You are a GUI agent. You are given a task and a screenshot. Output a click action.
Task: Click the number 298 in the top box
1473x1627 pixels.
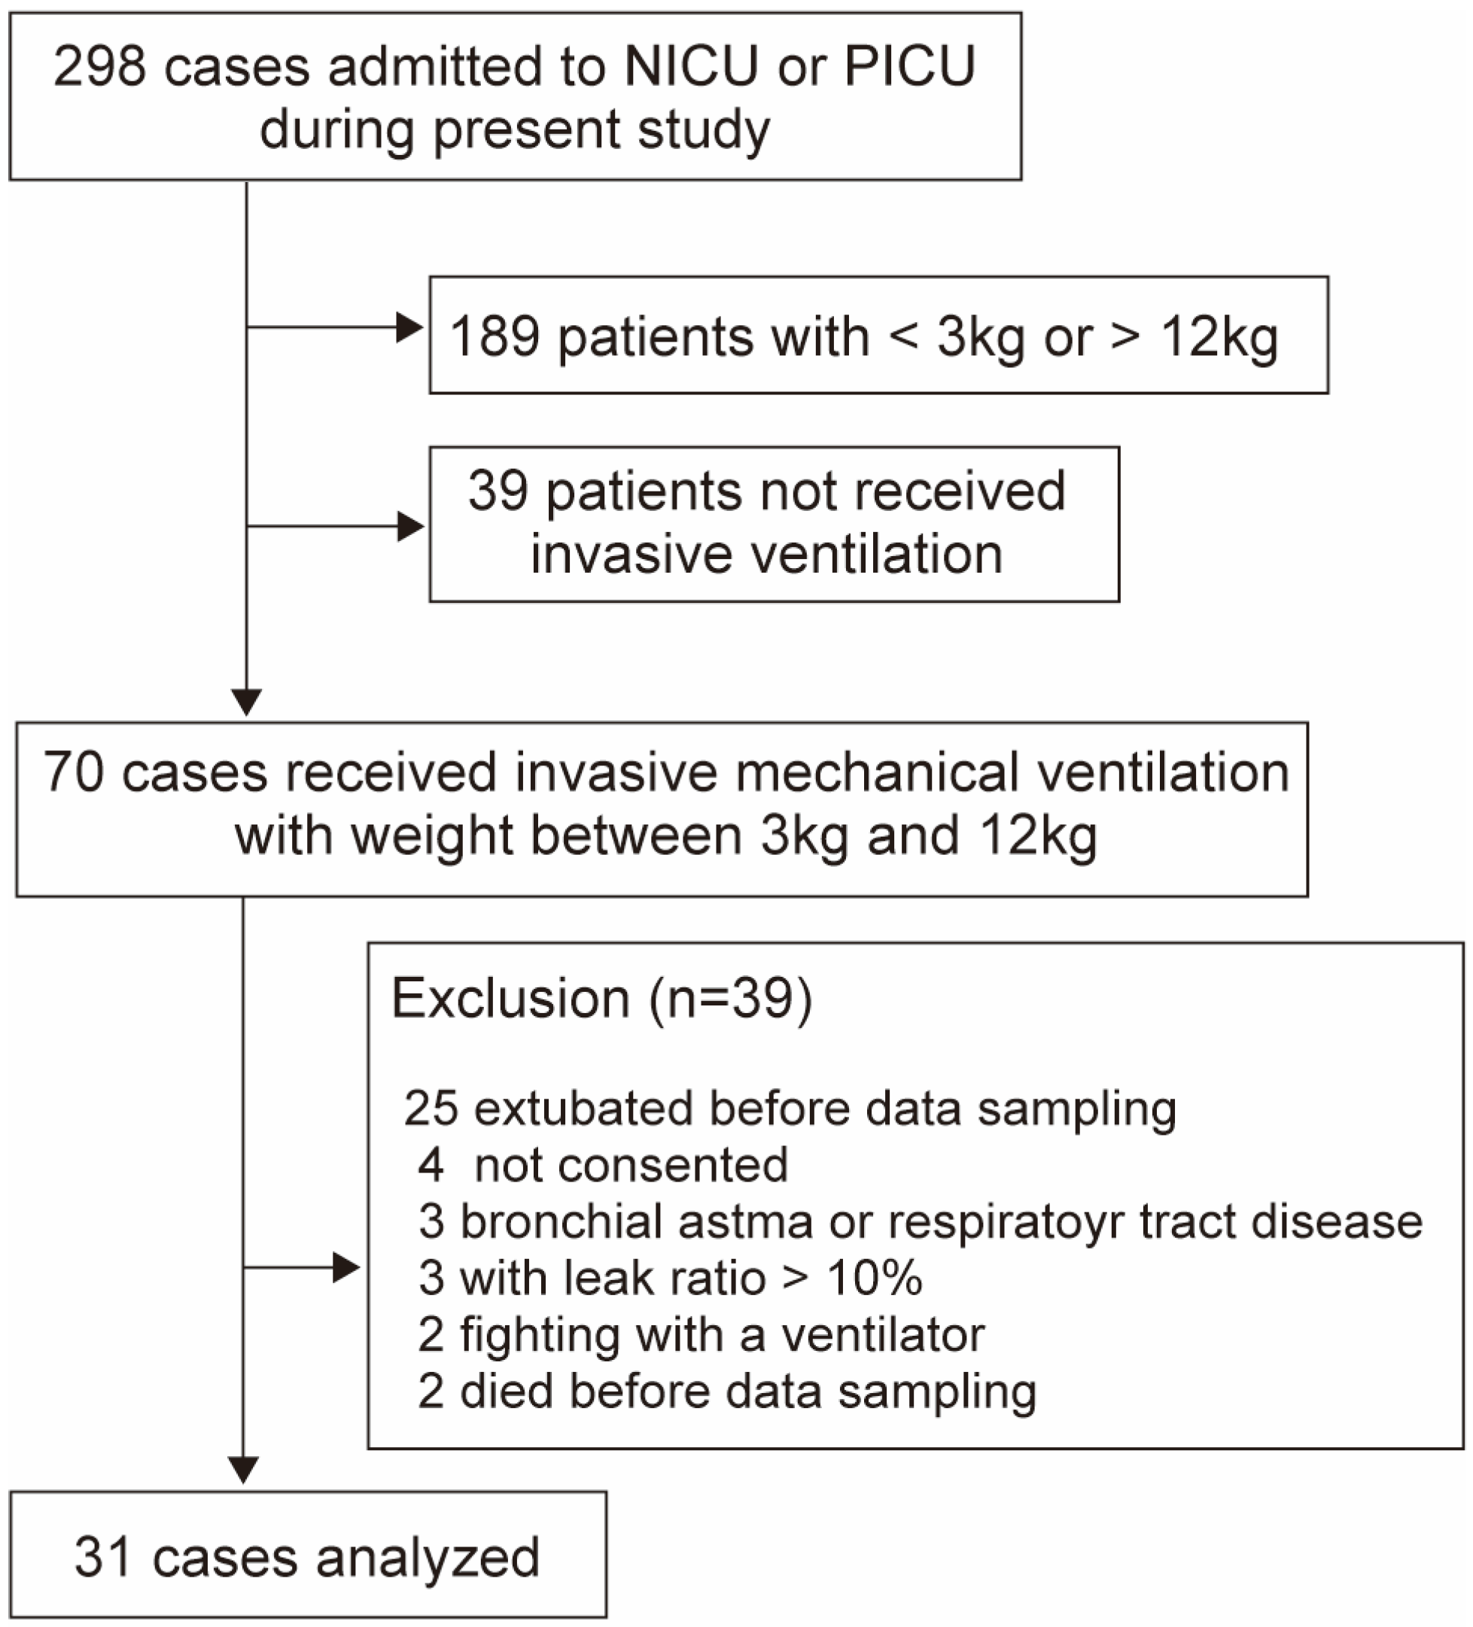click(99, 66)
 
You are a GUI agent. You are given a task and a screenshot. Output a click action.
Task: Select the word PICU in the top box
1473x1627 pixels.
click(910, 66)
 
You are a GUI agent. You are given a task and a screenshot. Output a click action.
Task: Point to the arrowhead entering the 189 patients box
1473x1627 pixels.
click(410, 327)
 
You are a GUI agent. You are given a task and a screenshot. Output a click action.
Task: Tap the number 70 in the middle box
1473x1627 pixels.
click(74, 772)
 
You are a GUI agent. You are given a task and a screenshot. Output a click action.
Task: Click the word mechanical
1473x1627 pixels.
click(878, 772)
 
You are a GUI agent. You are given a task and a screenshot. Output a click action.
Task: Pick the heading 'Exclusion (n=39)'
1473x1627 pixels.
click(601, 999)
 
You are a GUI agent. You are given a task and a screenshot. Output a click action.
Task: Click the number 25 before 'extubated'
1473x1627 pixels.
click(431, 1108)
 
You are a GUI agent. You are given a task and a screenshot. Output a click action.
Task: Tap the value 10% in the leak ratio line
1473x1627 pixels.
click(874, 1279)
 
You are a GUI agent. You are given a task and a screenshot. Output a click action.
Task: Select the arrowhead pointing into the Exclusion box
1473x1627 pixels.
click(346, 1268)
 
